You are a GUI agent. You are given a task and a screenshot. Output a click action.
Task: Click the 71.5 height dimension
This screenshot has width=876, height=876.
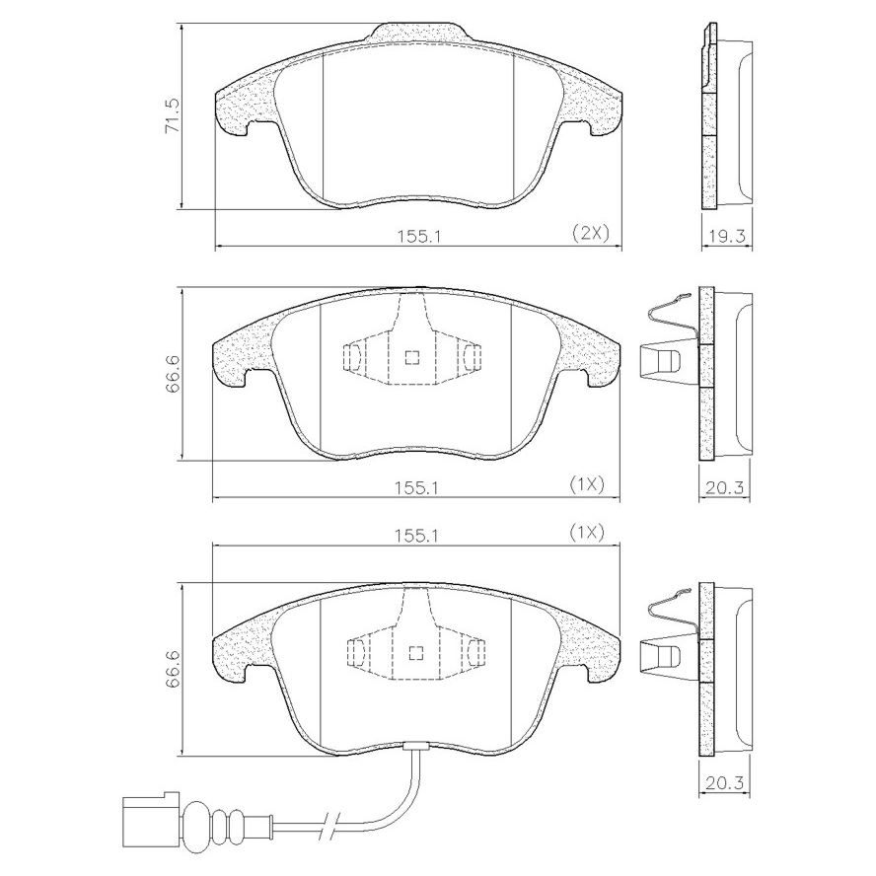[172, 116]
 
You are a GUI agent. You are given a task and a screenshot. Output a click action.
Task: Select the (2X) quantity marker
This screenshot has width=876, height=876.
[591, 233]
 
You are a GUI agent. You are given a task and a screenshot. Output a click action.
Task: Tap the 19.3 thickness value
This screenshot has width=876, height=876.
[726, 237]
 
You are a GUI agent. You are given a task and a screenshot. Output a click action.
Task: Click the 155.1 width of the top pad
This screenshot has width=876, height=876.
[419, 237]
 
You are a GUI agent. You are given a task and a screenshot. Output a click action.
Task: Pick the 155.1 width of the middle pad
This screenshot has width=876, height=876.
[417, 487]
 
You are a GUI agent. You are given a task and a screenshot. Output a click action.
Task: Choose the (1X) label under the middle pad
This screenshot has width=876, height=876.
[587, 483]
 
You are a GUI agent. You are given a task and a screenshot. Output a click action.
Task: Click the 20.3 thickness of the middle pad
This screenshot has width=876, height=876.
[725, 487]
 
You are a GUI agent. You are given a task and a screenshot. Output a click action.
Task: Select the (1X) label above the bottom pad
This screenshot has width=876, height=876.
[587, 533]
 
